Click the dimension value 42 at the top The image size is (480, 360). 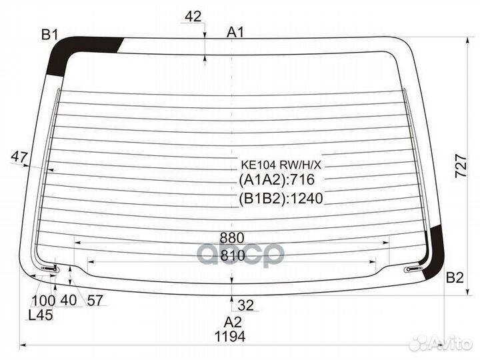pos(193,16)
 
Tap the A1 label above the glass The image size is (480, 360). pos(235,32)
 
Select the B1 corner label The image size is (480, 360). pos(49,35)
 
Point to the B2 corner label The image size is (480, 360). pos(455,277)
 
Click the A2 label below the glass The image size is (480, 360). pos(233,322)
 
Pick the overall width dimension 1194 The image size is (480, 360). pos(230,337)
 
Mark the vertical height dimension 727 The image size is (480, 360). pos(461,167)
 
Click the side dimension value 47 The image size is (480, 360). pos(19,157)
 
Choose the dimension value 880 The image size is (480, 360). pos(232,238)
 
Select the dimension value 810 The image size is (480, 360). pos(233,255)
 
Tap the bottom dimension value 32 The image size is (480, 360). pos(246,305)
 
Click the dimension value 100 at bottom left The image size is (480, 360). pos(43,301)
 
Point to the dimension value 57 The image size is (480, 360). pos(95,300)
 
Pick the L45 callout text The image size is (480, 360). pos(41,315)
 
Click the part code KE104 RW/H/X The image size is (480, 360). pos(281,165)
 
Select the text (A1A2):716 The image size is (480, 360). pos(277,180)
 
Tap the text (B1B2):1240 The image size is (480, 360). pos(281,199)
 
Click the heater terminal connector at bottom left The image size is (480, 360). pos(50,269)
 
